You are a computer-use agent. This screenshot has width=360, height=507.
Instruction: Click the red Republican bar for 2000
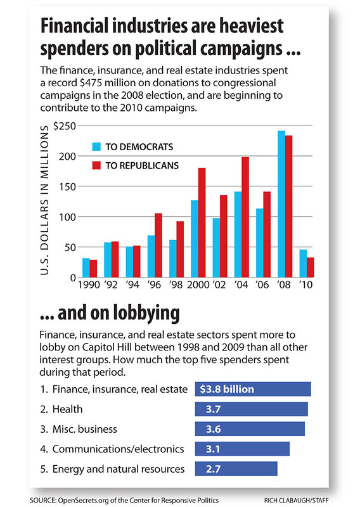pyautogui.click(x=202, y=222)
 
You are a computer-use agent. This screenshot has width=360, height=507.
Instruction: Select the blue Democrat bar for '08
pyautogui.click(x=281, y=204)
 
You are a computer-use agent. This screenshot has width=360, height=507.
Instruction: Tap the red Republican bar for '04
pyautogui.click(x=245, y=217)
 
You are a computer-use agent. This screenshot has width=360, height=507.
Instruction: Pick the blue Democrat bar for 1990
pyautogui.click(x=86, y=267)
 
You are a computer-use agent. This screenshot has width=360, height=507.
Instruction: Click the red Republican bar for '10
pyautogui.click(x=310, y=267)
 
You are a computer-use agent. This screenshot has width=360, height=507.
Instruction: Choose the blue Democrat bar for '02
pyautogui.click(x=216, y=248)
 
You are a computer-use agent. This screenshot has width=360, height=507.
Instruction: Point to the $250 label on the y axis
pyautogui.click(x=65, y=126)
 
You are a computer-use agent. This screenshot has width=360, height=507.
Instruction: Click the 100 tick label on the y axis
pyautogui.click(x=67, y=217)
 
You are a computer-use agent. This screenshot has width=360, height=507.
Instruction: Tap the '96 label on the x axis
pyautogui.click(x=154, y=285)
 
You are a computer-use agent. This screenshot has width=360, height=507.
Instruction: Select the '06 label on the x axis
pyautogui.click(x=262, y=285)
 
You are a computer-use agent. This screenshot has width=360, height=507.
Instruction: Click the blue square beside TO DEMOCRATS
pyautogui.click(x=96, y=147)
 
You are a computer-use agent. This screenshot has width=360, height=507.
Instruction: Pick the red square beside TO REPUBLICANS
pyautogui.click(x=96, y=165)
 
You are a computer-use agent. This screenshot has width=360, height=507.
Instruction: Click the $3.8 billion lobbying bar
pyautogui.click(x=253, y=389)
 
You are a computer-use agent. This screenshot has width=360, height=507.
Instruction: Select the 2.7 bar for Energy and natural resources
pyautogui.click(x=236, y=469)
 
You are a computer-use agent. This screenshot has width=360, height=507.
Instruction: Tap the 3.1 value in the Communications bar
pyautogui.click(x=213, y=449)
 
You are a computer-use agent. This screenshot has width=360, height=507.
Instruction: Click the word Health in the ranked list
pyautogui.click(x=67, y=409)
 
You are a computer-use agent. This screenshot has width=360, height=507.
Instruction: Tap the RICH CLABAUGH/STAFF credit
pyautogui.click(x=296, y=501)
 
